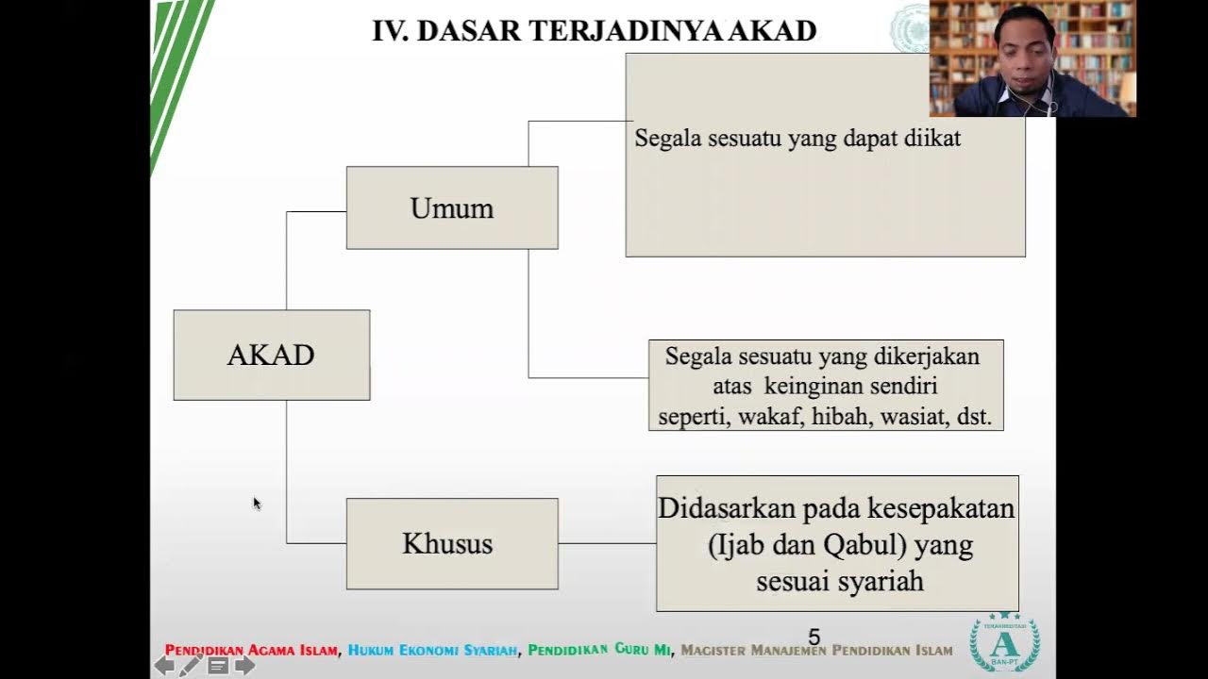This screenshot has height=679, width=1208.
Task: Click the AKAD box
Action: [272, 356]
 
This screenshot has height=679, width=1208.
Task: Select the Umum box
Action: [452, 207]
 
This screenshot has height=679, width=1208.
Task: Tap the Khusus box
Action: [452, 544]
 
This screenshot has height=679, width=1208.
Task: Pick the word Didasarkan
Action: [727, 507]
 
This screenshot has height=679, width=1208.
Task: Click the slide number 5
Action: [814, 638]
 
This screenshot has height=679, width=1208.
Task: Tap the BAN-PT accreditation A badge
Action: [1005, 642]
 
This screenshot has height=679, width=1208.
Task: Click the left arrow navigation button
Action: [164, 666]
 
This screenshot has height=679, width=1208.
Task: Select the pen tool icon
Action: [191, 665]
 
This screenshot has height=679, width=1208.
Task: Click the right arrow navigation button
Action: [244, 666]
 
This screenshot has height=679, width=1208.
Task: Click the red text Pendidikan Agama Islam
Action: [251, 651]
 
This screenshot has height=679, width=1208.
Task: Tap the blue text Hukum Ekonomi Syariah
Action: [432, 651]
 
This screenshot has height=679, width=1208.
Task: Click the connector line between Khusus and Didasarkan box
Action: [607, 543]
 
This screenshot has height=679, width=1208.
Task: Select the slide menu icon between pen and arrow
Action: [218, 666]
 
